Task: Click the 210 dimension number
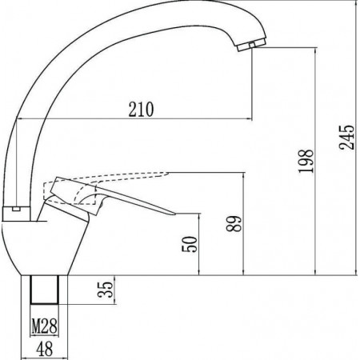point(141,110)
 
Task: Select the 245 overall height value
point(347,137)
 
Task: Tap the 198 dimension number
point(306,161)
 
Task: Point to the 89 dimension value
point(234,223)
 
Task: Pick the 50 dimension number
point(190,244)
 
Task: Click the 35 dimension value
point(106,290)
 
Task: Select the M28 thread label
point(45,326)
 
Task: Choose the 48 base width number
point(45,349)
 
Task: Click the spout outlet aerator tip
point(251,45)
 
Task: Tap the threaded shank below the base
point(45,290)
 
